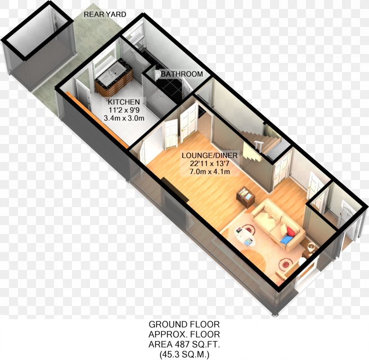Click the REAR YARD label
tap(105, 15)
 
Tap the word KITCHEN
tap(123, 102)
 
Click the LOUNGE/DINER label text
tap(209, 156)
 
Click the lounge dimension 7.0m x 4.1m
tap(210, 172)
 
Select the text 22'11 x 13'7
tap(210, 164)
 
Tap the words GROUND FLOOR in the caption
tap(184, 324)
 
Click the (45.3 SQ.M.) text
tap(184, 355)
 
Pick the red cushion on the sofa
tap(291, 232)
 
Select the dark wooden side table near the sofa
tap(245, 197)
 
